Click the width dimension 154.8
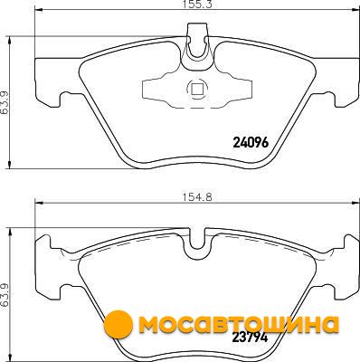pos(197,197)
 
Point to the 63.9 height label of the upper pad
pos(5,102)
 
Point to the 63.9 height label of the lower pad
pos(5,295)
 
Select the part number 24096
pos(251,143)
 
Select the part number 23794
pos(250,338)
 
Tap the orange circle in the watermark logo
pos(118,325)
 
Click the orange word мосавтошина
pos(238,324)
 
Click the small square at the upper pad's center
pos(197,89)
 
